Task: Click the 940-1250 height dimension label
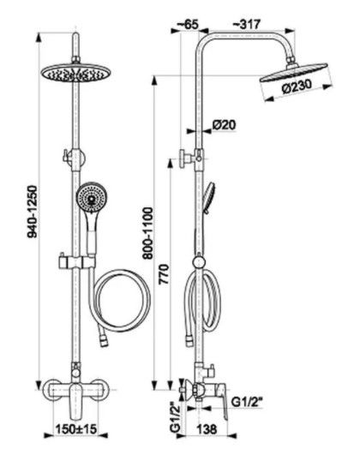[33, 212]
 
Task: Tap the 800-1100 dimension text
[148, 233]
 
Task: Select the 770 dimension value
[165, 274]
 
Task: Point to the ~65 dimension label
[188, 24]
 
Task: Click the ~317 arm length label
[246, 24]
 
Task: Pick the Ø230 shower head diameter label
[297, 87]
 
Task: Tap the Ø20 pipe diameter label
[225, 124]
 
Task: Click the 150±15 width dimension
[76, 429]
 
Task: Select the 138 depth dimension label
[207, 429]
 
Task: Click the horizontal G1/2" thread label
[247, 403]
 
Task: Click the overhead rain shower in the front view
[76, 73]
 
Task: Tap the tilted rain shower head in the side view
[293, 73]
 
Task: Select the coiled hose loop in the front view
[122, 301]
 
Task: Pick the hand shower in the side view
[209, 198]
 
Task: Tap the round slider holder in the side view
[199, 262]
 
